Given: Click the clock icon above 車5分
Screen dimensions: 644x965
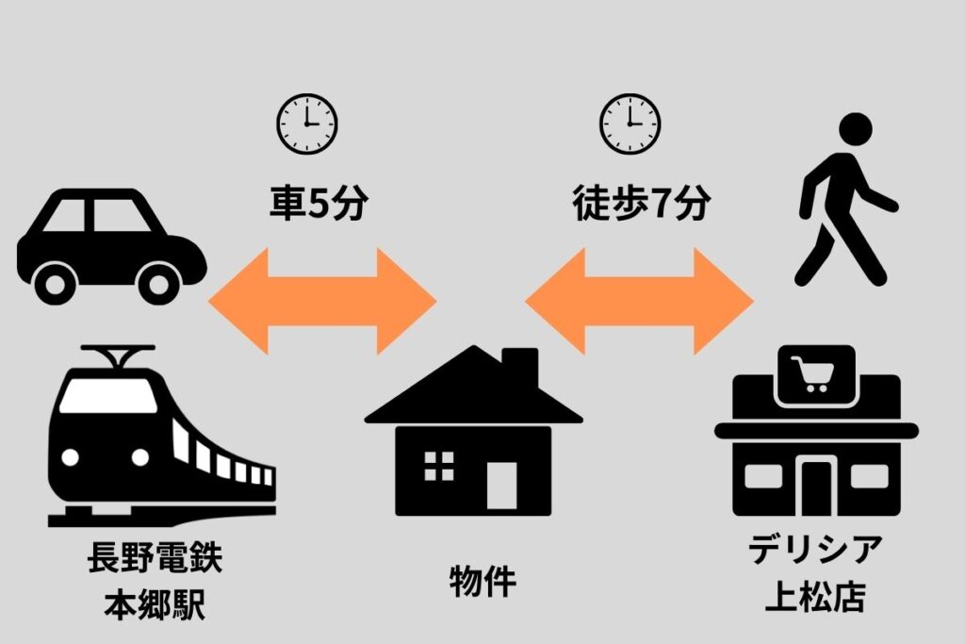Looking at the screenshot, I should click(x=306, y=124).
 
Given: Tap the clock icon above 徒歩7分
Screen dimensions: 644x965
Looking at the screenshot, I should click(x=630, y=124).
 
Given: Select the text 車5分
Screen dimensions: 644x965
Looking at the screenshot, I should click(x=317, y=204).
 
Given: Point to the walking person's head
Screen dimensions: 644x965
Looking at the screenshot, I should click(x=856, y=131).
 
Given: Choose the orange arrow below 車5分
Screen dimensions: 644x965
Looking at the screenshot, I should click(x=322, y=301).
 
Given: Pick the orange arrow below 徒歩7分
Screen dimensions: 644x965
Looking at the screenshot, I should click(x=640, y=301).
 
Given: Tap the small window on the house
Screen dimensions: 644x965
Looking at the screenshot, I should click(x=438, y=466).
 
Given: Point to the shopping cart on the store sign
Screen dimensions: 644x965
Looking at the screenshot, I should click(x=814, y=375).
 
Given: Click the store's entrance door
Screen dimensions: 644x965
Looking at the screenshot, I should click(x=816, y=487).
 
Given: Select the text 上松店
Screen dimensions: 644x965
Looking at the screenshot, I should click(x=815, y=597).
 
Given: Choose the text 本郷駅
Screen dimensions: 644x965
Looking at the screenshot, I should click(x=155, y=603).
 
